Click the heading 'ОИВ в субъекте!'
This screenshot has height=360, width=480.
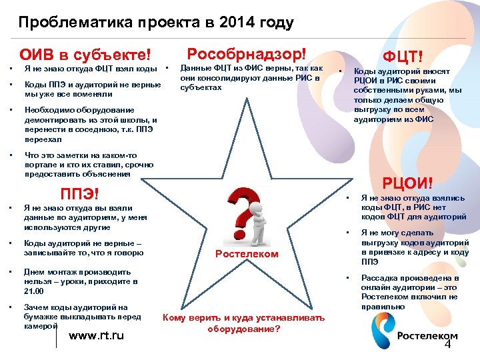tap(85, 54)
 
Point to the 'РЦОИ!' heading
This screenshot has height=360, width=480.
tap(407, 183)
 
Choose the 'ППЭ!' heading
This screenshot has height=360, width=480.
tap(79, 194)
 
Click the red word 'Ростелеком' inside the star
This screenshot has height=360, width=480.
tap(247, 254)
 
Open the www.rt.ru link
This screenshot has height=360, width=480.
tap(97, 335)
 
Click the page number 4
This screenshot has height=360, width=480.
tap(448, 345)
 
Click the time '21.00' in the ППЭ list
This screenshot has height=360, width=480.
tap(33, 291)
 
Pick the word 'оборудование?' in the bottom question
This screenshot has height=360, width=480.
tap(243, 329)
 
